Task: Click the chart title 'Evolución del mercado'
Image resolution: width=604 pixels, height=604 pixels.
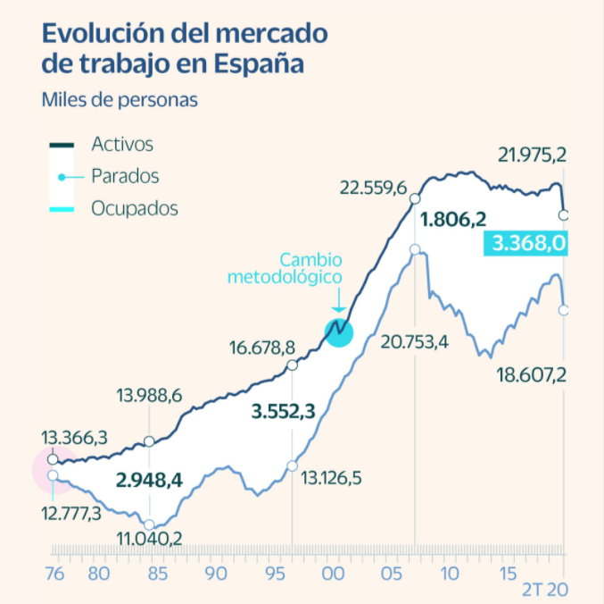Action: [x=185, y=34]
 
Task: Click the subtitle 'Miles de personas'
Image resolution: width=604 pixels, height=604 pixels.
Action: [x=120, y=98]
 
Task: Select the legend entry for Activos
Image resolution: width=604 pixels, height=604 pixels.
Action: [x=122, y=144]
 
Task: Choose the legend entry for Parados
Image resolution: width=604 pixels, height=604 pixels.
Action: [x=125, y=176]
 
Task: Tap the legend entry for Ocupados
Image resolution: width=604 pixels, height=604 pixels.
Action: [x=134, y=209]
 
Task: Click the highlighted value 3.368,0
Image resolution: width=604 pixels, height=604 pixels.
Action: [x=525, y=243]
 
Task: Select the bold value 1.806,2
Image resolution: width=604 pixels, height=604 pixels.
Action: [x=452, y=219]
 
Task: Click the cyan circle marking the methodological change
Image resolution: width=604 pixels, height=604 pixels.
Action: [x=339, y=331]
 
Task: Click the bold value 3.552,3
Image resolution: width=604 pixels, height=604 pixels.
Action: [x=284, y=412]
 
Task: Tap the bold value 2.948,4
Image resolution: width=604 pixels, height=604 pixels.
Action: [x=149, y=480]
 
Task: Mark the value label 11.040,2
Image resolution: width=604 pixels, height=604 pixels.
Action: [x=150, y=538]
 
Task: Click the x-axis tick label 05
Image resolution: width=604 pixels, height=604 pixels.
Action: [x=391, y=574]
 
